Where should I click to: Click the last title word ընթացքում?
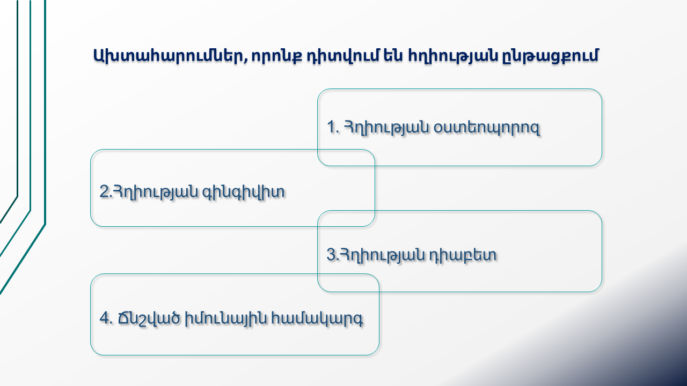point(550,56)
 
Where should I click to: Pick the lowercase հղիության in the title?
point(452,56)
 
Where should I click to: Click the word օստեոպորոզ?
point(486,128)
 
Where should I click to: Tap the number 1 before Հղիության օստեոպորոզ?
point(331,127)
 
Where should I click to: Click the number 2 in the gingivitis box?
point(104,191)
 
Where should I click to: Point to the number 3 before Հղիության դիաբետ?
point(331,255)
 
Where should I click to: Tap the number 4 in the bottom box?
point(105,318)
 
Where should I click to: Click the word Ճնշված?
point(149,318)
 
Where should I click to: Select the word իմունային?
point(225,318)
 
